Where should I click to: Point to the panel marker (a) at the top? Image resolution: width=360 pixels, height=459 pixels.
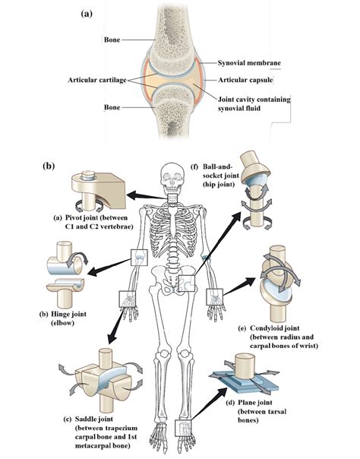pyautogui.click(x=87, y=13)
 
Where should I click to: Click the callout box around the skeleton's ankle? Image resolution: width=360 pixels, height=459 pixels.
pyautogui.click(x=181, y=429)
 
